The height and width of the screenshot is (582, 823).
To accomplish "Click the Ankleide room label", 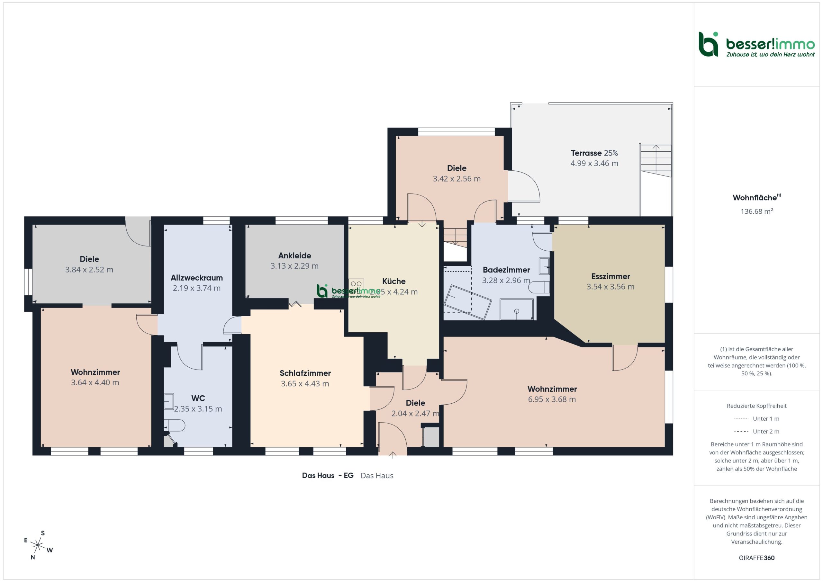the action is click(x=295, y=255).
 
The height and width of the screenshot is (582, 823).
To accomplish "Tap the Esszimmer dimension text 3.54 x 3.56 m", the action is click(x=610, y=287).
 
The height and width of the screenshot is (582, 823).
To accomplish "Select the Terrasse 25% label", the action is click(x=594, y=153).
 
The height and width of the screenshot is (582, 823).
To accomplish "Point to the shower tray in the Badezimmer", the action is click(x=517, y=309).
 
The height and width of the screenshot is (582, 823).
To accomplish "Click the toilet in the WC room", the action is click(x=175, y=425).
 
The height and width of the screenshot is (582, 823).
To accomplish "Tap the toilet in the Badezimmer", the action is click(x=539, y=287).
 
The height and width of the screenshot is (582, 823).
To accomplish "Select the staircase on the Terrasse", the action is click(x=656, y=161).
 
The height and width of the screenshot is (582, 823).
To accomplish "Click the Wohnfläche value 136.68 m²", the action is click(x=757, y=211).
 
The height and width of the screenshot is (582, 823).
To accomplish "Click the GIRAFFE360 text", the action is click(x=757, y=558).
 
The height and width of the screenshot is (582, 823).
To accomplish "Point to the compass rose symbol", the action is click(x=38, y=545).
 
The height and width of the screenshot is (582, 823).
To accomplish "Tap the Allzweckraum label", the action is click(x=197, y=278).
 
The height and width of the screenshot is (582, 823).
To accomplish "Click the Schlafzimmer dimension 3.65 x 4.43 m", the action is click(x=305, y=383).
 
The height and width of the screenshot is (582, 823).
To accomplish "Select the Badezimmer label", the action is click(x=506, y=270).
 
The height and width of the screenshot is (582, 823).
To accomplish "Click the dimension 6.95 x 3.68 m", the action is click(x=552, y=399).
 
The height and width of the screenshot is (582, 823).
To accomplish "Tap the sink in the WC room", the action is click(x=169, y=401).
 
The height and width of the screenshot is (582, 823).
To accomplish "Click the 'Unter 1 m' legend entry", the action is click(x=757, y=418).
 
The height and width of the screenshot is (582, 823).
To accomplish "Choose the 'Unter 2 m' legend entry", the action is click(x=757, y=432).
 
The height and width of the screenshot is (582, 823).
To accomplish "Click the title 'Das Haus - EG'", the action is click(x=328, y=476).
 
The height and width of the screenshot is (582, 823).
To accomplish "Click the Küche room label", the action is click(x=394, y=281).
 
